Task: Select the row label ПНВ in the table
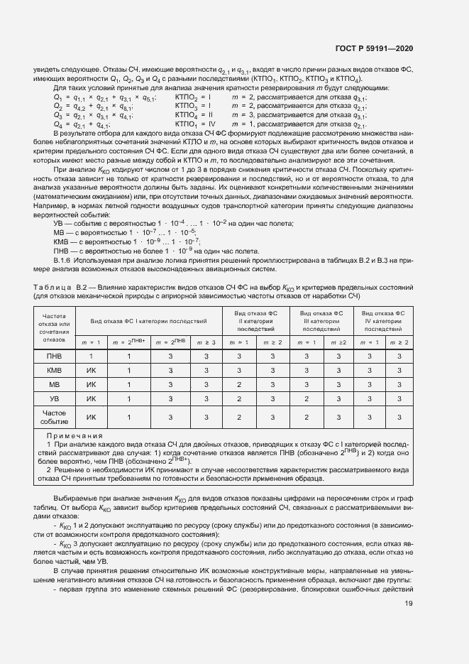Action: pyautogui.click(x=54, y=355)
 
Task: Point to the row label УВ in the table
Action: pyautogui.click(x=54, y=398)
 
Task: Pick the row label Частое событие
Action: pyautogui.click(x=54, y=417)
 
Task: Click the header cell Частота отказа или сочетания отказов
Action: pyautogui.click(x=54, y=327)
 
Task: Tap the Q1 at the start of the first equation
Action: pyautogui.click(x=58, y=96)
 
